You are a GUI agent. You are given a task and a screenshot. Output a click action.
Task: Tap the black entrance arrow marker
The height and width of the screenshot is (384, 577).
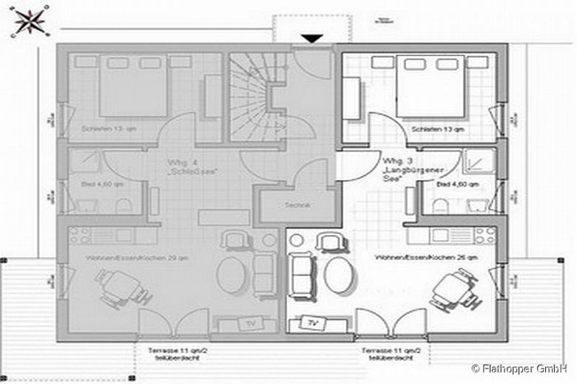pyautogui.click(x=312, y=38)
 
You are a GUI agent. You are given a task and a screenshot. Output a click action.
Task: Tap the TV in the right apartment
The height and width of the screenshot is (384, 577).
pyautogui.click(x=313, y=323)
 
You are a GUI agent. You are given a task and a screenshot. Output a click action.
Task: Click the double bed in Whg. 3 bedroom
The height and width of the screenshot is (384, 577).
pyautogui.click(x=429, y=86)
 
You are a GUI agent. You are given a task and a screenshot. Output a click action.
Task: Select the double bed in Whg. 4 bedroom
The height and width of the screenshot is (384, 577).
pyautogui.click(x=134, y=86)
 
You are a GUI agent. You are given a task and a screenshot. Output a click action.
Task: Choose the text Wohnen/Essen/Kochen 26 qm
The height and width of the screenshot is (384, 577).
pyautogui.click(x=415, y=258)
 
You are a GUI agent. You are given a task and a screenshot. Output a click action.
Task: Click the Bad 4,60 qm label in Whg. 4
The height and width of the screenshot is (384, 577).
pyautogui.click(x=92, y=183)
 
